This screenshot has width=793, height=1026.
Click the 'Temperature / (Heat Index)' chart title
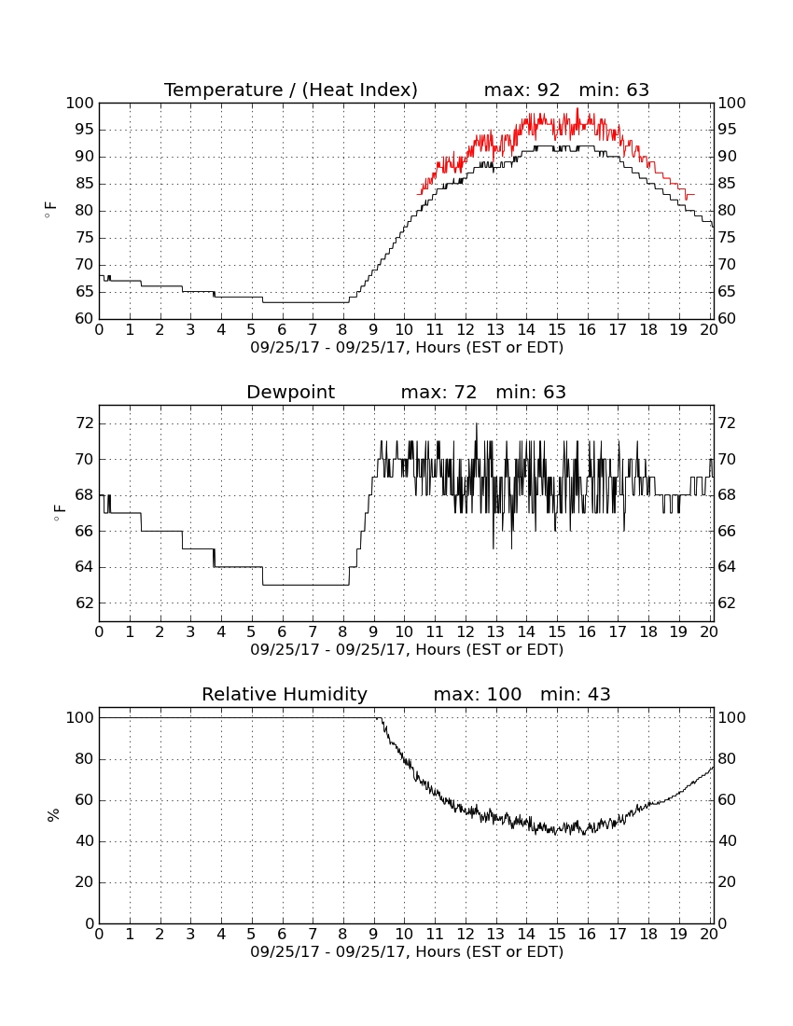click(x=290, y=90)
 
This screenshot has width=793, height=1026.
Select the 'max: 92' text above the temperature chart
click(x=522, y=90)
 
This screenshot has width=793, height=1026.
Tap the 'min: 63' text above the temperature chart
click(x=614, y=90)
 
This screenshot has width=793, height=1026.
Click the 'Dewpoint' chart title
click(x=290, y=393)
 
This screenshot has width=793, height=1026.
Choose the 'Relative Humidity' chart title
click(x=285, y=694)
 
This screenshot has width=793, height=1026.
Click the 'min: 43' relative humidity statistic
click(x=575, y=694)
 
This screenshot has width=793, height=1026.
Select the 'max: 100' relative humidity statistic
click(x=478, y=694)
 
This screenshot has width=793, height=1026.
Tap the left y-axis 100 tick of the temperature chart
click(x=80, y=104)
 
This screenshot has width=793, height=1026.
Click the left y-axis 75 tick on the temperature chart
click(x=84, y=238)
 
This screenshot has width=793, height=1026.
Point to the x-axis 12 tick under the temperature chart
click(x=466, y=330)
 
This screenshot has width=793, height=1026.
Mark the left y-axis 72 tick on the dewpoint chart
click(x=84, y=424)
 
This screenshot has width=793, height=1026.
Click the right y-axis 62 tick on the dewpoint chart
click(x=727, y=603)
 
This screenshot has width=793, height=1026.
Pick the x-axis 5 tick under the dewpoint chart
click(x=252, y=632)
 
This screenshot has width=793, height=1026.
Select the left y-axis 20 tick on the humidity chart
click(x=84, y=882)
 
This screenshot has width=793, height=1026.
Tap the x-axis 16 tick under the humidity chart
click(x=588, y=935)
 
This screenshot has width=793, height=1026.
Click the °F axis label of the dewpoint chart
click(x=59, y=512)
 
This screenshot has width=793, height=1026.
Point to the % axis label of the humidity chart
click(x=53, y=815)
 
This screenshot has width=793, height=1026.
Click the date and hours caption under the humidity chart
click(x=407, y=952)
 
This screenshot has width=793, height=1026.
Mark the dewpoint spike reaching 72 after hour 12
click(x=477, y=425)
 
